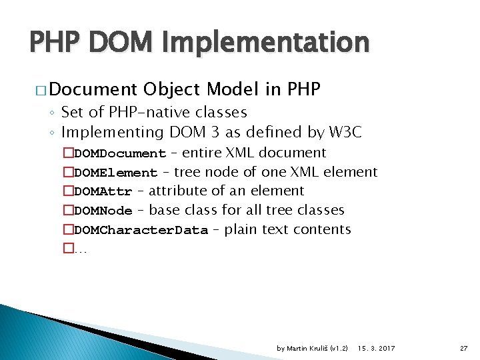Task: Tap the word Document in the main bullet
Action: (93, 89)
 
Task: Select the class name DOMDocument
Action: (120, 154)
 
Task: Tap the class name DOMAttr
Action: (103, 192)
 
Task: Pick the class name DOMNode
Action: (103, 211)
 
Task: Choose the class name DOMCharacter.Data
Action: (141, 231)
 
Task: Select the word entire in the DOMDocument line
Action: (203, 153)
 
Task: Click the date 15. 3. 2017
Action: (375, 348)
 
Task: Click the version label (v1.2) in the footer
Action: (339, 348)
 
